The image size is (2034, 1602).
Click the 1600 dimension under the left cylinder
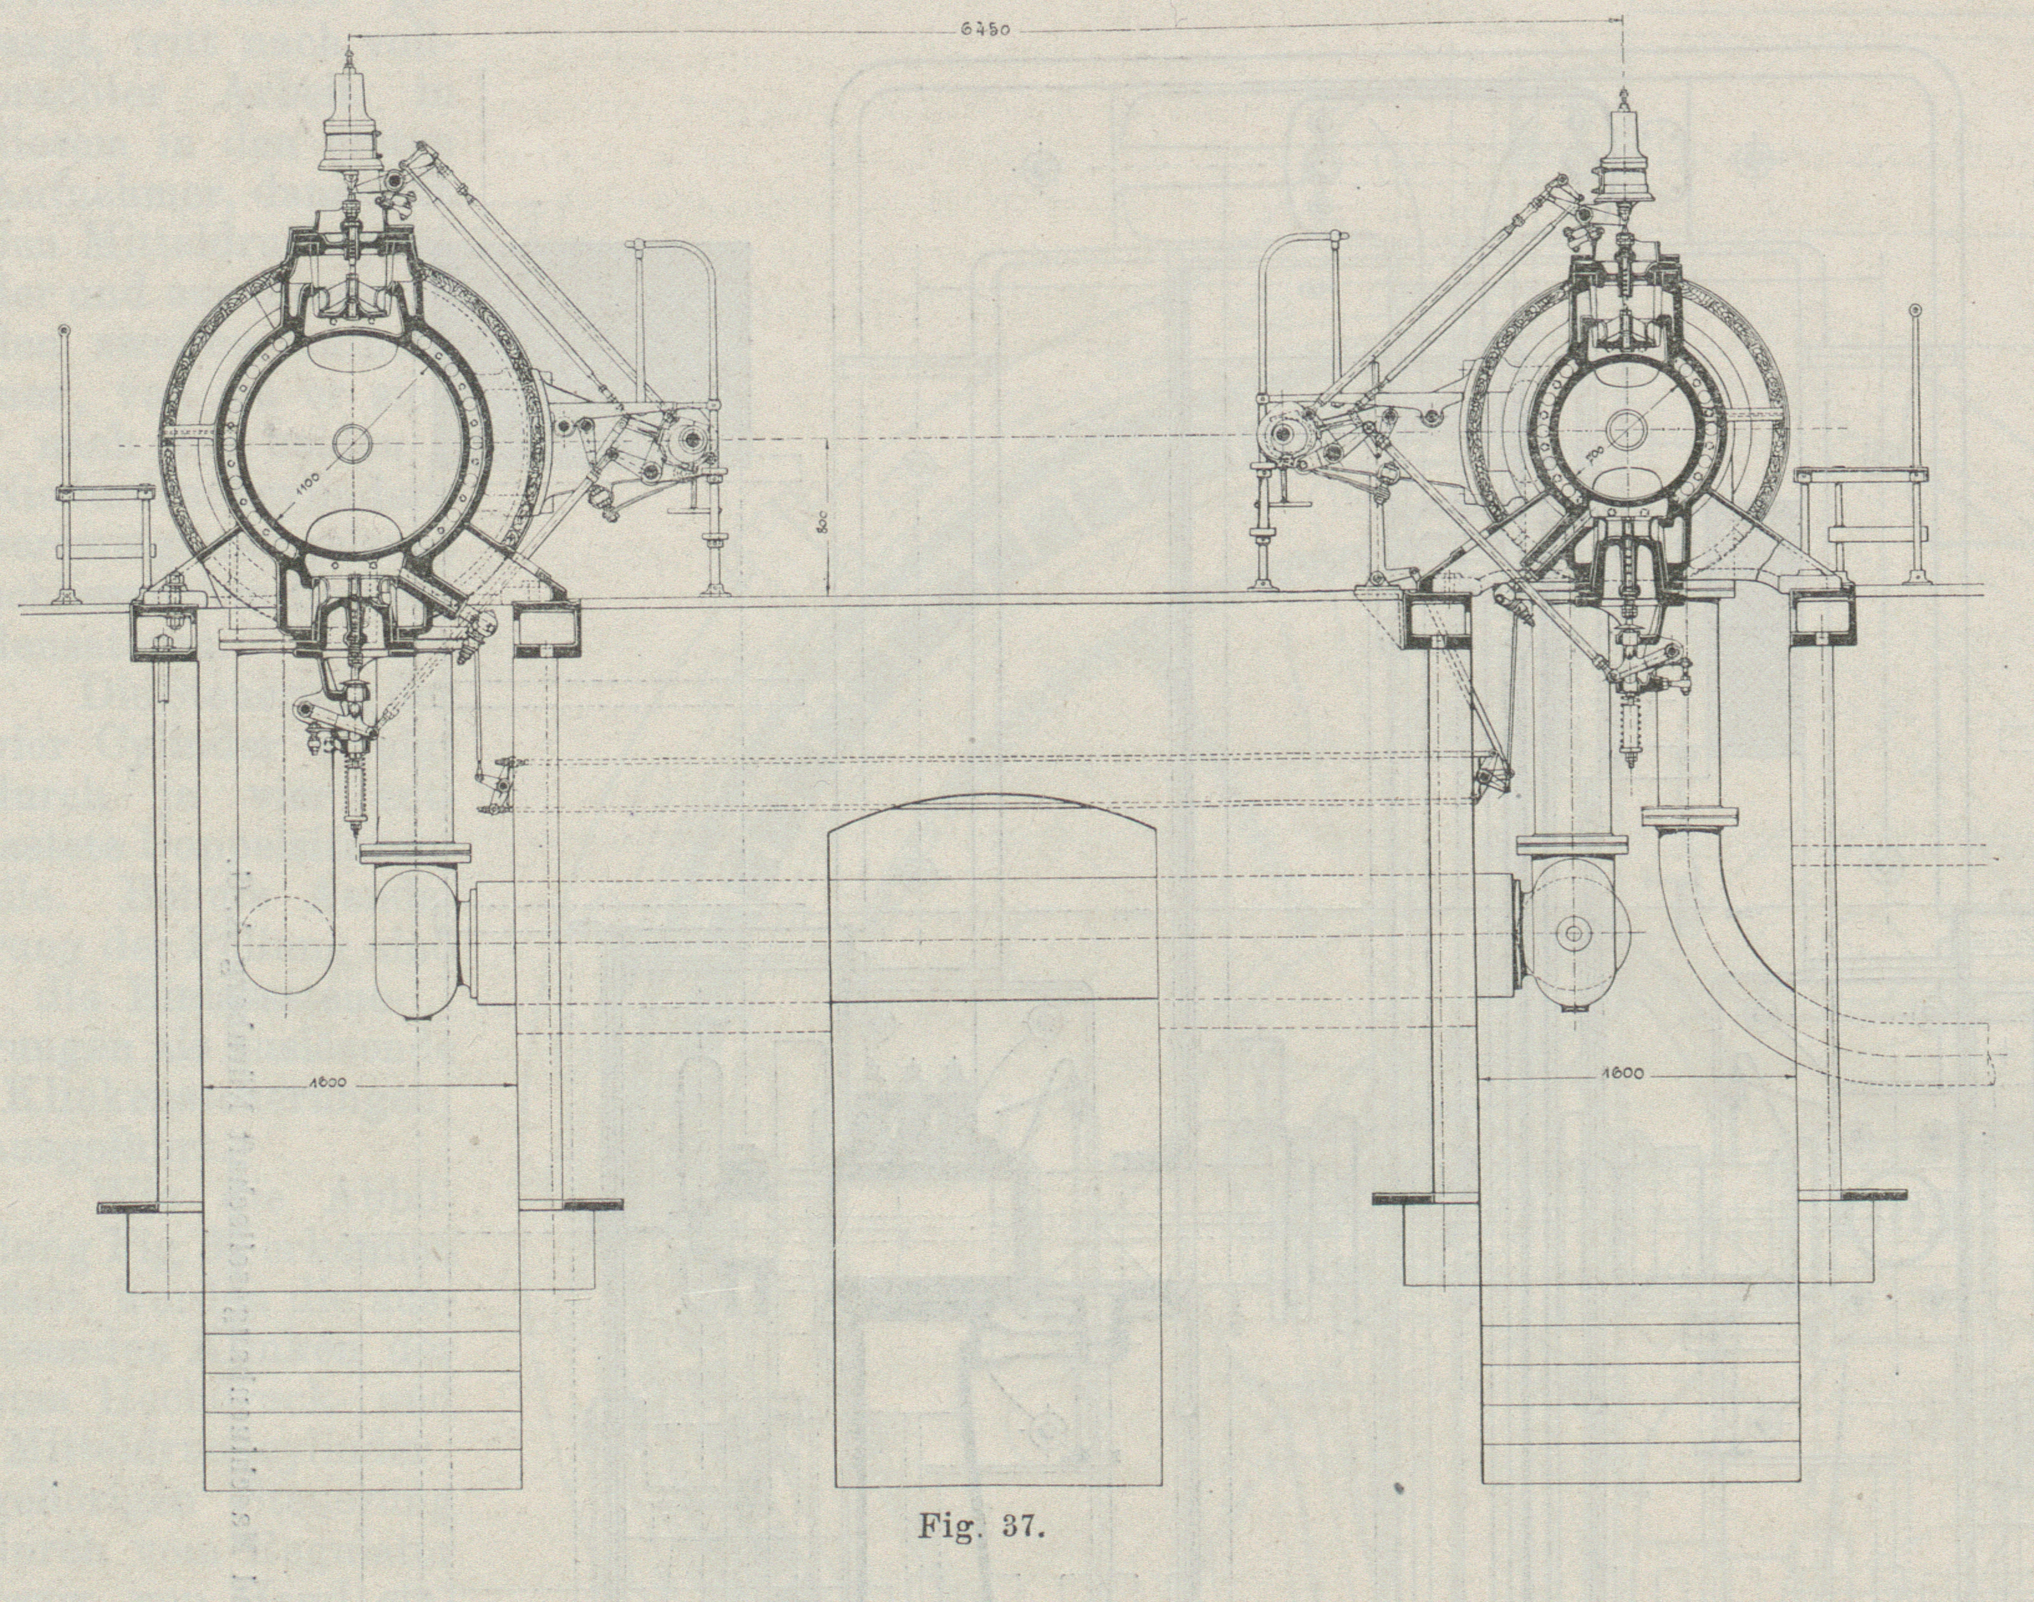tap(326, 1082)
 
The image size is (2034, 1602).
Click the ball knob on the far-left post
tap(63, 330)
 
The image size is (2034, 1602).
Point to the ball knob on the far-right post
tap(1915, 311)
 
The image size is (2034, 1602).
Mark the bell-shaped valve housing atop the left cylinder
tap(349, 141)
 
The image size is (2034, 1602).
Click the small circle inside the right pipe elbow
tap(1573, 934)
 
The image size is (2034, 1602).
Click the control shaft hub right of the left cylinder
tap(689, 439)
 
